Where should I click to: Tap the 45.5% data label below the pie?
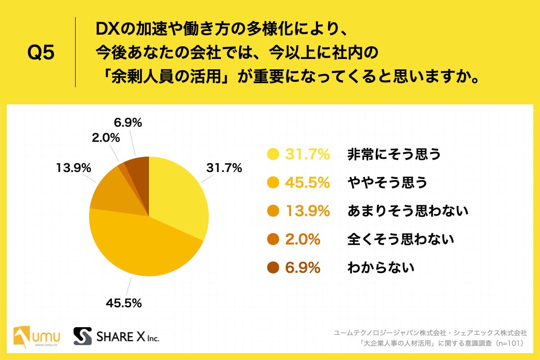[x=124, y=303]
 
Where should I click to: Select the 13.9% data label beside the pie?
[x=73, y=168]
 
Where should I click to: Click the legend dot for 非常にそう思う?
[x=273, y=155]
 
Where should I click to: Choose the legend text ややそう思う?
[x=387, y=183]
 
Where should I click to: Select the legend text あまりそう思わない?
[x=408, y=211]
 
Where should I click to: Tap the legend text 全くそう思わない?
[x=400, y=239]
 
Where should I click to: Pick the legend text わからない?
[x=380, y=268]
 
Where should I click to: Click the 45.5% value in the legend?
[x=307, y=183]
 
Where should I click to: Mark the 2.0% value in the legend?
[x=302, y=239]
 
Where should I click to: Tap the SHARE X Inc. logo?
[x=116, y=336]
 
